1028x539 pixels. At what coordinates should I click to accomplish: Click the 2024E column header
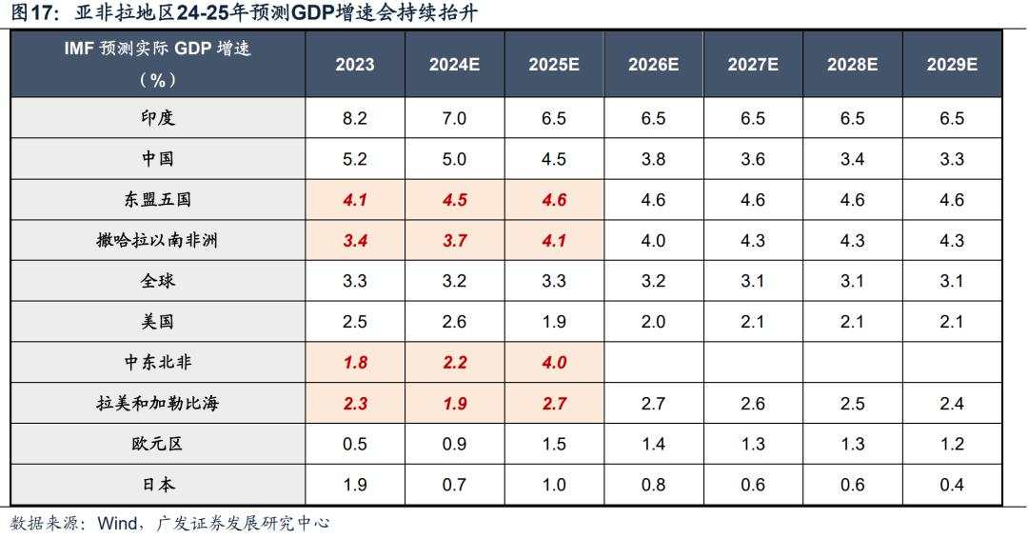[x=454, y=65]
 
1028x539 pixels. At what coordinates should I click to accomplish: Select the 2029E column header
[x=952, y=65]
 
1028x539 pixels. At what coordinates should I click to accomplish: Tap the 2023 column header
[x=354, y=65]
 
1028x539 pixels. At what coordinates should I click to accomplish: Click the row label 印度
[x=157, y=118]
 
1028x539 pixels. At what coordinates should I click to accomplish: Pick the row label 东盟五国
[x=157, y=200]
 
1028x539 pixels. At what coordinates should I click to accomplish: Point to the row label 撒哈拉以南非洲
[x=157, y=240]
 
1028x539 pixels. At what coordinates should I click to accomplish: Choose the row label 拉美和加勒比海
[x=157, y=403]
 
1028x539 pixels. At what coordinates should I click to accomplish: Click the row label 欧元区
[x=157, y=444]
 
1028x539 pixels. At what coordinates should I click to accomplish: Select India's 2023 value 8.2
[x=354, y=118]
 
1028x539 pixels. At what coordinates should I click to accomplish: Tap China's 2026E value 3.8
[x=653, y=159]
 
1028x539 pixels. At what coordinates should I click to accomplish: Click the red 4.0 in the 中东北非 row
[x=553, y=363]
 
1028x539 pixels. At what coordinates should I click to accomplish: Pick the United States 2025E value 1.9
[x=553, y=322]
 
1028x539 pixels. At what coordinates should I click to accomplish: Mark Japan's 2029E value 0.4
[x=952, y=485]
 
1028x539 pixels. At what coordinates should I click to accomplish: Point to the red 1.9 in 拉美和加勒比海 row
[x=454, y=404]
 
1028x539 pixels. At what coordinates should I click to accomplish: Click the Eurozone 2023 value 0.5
[x=354, y=444]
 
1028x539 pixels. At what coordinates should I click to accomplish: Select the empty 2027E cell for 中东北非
[x=753, y=363]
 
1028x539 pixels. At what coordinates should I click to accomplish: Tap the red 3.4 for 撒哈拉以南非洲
[x=354, y=241]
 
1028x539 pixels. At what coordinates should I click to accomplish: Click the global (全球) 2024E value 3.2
[x=454, y=281]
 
